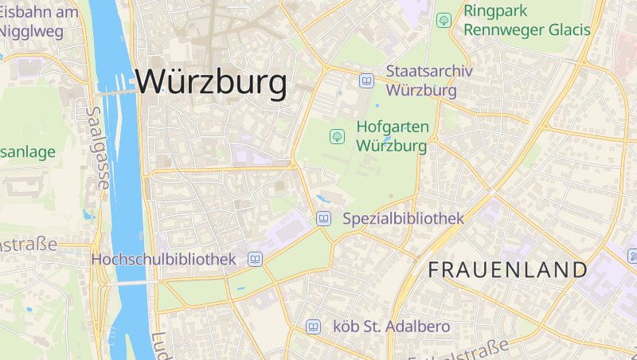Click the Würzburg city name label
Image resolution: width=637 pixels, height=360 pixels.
[211, 82]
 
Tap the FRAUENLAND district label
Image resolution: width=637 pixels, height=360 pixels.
[508, 269]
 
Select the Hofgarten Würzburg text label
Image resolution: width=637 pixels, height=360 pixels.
[393, 136]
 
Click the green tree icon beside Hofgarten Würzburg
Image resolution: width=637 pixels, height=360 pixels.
[337, 136]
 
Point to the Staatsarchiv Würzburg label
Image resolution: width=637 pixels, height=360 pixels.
[429, 80]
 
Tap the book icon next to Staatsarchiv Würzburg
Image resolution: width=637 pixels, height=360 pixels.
[366, 80]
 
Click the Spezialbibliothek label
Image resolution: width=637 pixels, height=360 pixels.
[403, 217]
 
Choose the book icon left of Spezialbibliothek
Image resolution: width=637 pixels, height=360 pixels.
[324, 218]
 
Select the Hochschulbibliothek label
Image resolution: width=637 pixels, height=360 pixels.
[164, 259]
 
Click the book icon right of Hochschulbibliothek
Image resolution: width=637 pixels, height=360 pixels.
[256, 259]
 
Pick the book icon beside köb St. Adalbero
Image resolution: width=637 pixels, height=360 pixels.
[314, 327]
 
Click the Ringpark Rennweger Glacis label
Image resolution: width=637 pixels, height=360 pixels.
[526, 21]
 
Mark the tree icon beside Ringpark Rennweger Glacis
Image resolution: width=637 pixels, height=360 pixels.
[444, 20]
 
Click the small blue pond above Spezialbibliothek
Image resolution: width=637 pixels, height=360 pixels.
[322, 198]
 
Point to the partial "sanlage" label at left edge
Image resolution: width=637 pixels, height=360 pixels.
[28, 151]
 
